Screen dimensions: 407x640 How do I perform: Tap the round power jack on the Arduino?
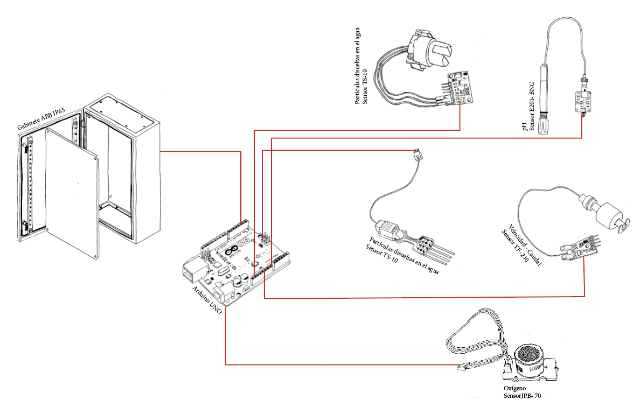click(x=222, y=294)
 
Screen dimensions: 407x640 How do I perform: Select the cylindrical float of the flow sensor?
click(x=608, y=215)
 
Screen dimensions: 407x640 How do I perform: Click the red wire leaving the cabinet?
click(x=199, y=152)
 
